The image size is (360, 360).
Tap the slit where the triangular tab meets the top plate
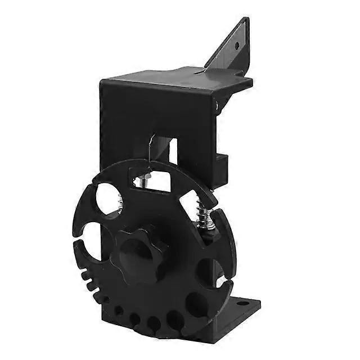[202, 72]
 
